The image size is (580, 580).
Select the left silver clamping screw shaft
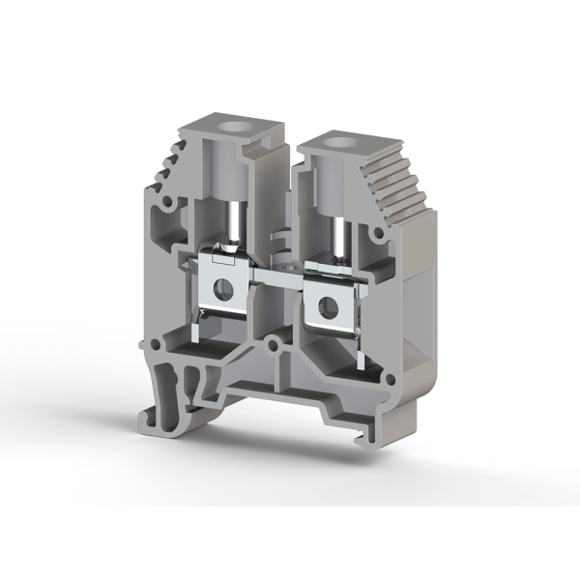[x=233, y=217]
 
